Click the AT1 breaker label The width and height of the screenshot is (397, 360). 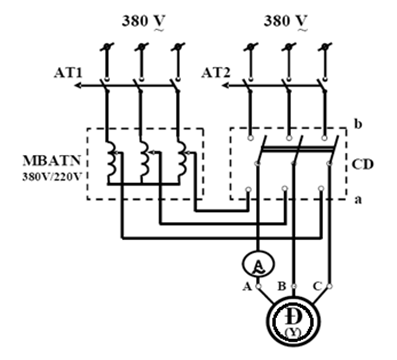tap(68, 74)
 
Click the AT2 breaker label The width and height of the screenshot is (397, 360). tap(216, 73)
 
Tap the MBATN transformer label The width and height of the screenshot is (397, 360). tap(52, 161)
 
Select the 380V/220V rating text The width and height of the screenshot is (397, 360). tap(52, 177)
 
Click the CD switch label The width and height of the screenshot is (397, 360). tap(363, 165)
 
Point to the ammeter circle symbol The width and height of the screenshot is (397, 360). tap(258, 264)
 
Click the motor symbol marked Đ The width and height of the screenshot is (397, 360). tap(293, 321)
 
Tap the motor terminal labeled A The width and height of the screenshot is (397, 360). tap(258, 286)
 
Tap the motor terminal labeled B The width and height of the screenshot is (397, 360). tap(294, 286)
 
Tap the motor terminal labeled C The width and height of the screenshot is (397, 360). tap(329, 286)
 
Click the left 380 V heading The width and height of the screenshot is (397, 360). tap(143, 22)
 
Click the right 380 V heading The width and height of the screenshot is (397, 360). tap(285, 22)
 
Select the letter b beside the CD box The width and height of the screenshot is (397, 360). tap(358, 124)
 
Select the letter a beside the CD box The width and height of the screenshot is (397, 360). tap(358, 200)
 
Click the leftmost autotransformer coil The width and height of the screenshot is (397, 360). tap(111, 159)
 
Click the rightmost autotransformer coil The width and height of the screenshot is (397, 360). tap(182, 159)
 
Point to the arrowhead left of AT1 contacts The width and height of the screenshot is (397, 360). tap(78, 86)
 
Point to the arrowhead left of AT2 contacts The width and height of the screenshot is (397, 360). tap(226, 86)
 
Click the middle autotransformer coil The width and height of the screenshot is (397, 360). tap(145, 159)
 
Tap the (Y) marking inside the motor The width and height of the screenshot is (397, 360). tap(293, 333)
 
